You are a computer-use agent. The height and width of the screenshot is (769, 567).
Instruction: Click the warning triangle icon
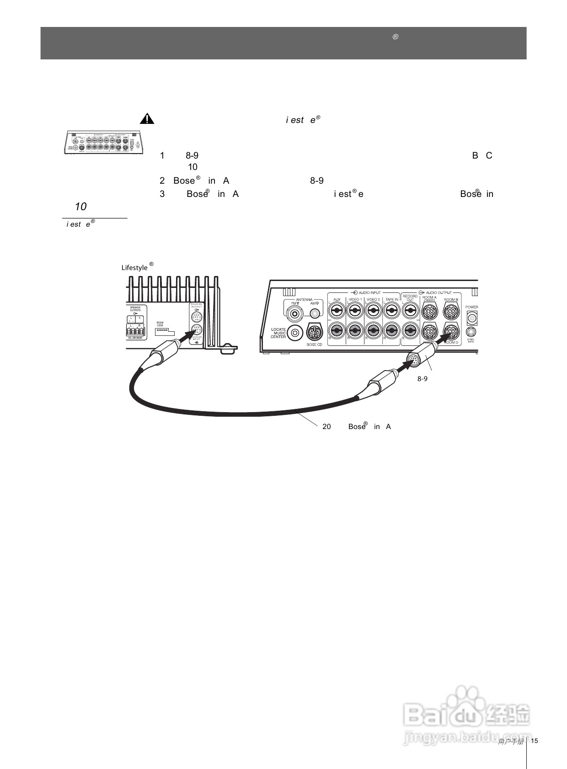tap(147, 119)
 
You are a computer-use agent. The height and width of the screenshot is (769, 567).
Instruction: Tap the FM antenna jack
tap(294, 313)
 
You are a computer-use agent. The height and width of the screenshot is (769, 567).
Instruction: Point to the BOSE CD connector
tap(314, 332)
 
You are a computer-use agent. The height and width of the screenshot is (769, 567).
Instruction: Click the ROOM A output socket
tap(429, 312)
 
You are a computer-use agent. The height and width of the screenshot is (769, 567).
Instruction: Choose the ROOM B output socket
tap(451, 312)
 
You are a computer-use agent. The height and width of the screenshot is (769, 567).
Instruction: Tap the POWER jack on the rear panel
tap(472, 317)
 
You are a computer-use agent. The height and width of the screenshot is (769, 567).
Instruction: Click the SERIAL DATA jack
tap(471, 332)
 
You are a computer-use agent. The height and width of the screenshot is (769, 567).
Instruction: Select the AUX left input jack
tap(337, 311)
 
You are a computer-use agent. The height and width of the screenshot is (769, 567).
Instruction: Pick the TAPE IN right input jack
tap(391, 330)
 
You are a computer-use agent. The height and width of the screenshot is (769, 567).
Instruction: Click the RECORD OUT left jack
tap(410, 311)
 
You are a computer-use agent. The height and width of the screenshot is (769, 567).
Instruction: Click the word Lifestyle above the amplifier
tap(134, 268)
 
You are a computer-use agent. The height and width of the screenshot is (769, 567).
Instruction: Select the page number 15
tap(534, 741)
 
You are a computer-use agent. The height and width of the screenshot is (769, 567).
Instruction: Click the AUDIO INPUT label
tap(369, 292)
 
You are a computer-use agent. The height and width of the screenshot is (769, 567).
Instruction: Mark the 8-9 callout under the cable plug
tap(422, 379)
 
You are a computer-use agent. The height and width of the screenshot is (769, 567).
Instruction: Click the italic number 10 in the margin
tap(80, 207)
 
